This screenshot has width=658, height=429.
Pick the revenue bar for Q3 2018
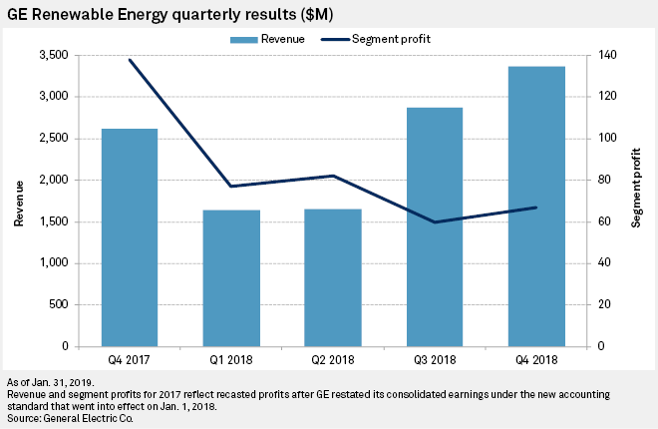[x=435, y=226]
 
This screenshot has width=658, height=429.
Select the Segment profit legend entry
[x=380, y=39]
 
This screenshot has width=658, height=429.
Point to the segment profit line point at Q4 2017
[x=130, y=60]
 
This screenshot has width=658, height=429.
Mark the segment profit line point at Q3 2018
[x=435, y=222]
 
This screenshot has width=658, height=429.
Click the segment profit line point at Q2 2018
[x=333, y=176]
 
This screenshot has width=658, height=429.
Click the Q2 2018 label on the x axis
[x=333, y=360]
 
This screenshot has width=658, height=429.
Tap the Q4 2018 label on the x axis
[x=536, y=360]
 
